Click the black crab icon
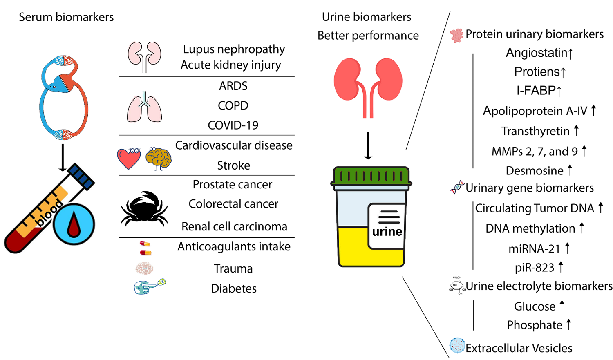point(144,208)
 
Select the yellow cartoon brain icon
point(159,158)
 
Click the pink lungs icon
point(144,107)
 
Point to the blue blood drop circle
point(74,224)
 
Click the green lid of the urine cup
point(371,176)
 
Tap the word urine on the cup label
point(387,232)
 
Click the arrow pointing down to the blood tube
point(63,157)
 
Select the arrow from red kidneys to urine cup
point(368,145)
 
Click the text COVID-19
point(233,125)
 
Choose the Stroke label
point(233,165)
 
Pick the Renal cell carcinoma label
point(234,226)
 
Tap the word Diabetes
point(234,288)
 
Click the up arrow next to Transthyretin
point(576,130)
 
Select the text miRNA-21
point(534,248)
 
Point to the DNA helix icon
point(457,187)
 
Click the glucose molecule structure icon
point(456,285)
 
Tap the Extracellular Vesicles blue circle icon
point(457,346)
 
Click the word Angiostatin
point(537,53)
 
